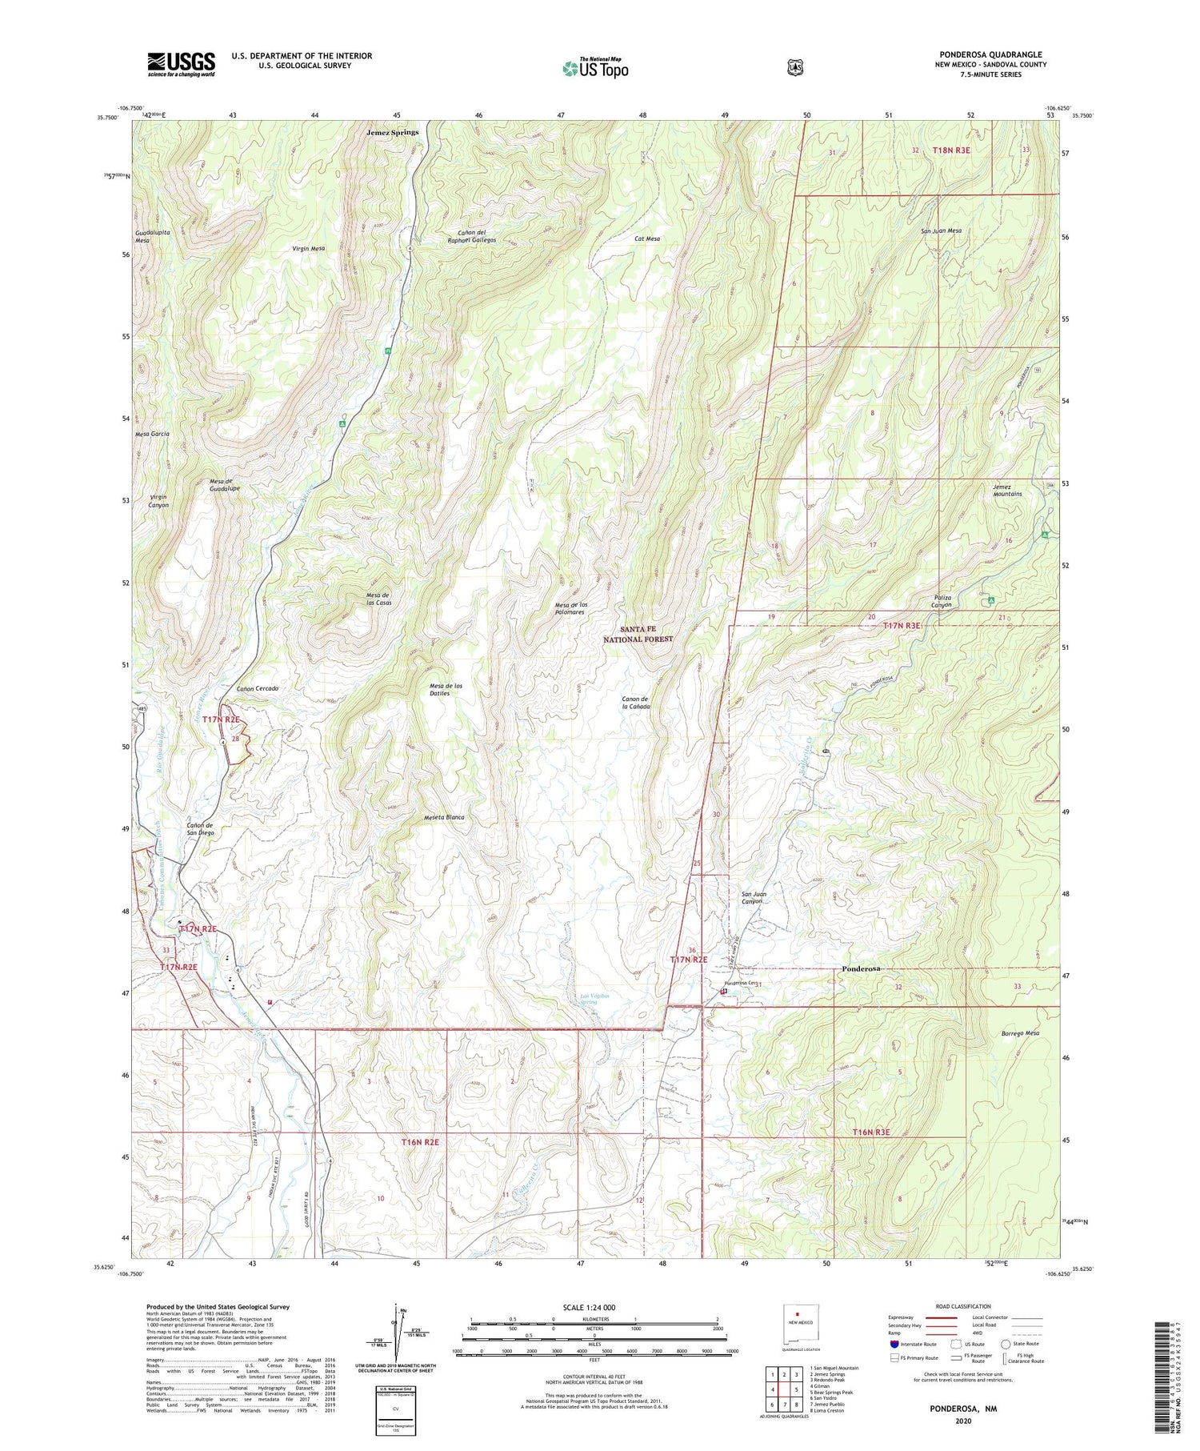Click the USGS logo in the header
pos(181,64)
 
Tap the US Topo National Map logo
pos(594,68)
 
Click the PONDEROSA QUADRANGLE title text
pos(990,54)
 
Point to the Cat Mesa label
pos(647,238)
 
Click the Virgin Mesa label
pos(309,249)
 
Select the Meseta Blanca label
pos(444,817)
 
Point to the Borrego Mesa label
pos(1020,1033)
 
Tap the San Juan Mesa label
pos(941,230)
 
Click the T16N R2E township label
pos(420,1142)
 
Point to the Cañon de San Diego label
pos(200,828)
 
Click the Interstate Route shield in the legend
pos(894,1345)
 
